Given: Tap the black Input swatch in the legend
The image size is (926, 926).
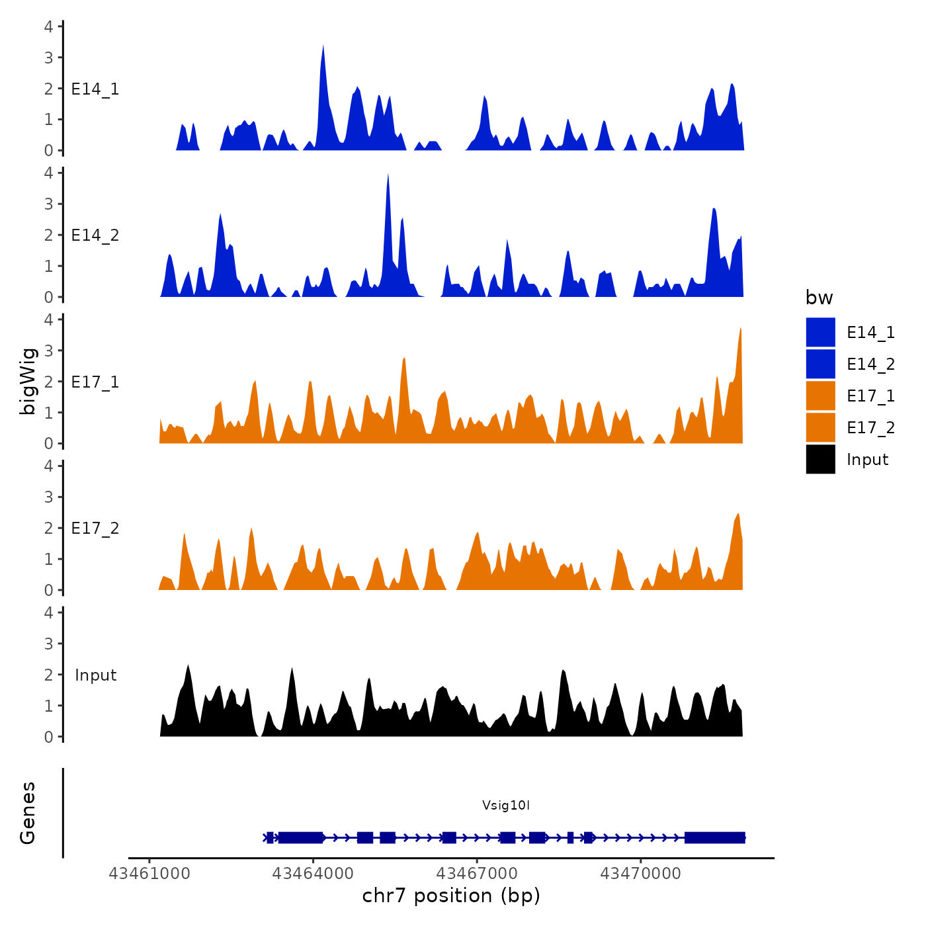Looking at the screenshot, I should pyautogui.click(x=820, y=460).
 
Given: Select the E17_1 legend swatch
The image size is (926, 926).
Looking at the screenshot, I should pyautogui.click(x=820, y=396).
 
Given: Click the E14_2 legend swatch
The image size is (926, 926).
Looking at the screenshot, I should pyautogui.click(x=820, y=364).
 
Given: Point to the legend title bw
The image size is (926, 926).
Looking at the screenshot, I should pyautogui.click(x=819, y=298).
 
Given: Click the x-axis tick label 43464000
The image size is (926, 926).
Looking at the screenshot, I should pyautogui.click(x=313, y=874).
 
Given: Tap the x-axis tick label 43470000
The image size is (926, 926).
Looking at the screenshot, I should pyautogui.click(x=640, y=874).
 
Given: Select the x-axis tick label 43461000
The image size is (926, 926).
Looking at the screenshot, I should pyautogui.click(x=149, y=874).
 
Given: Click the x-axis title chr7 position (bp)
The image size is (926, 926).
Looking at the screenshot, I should pyautogui.click(x=451, y=896).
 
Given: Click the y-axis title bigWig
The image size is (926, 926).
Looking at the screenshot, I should pyautogui.click(x=28, y=382).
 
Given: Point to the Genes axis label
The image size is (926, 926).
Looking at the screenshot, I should pyautogui.click(x=28, y=813).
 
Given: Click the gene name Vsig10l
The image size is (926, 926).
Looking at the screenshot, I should pyautogui.click(x=506, y=806).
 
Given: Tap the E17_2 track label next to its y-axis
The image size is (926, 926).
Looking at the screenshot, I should pyautogui.click(x=95, y=528).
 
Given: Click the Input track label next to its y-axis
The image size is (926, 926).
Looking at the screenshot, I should pyautogui.click(x=95, y=675).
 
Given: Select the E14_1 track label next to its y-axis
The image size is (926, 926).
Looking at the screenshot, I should pyautogui.click(x=95, y=89).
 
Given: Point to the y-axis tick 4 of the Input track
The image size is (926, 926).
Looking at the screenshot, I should pyautogui.click(x=49, y=612).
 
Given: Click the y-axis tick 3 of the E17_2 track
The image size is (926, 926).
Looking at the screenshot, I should pyautogui.click(x=49, y=497).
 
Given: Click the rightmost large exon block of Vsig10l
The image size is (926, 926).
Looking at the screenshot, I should pyautogui.click(x=714, y=838).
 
